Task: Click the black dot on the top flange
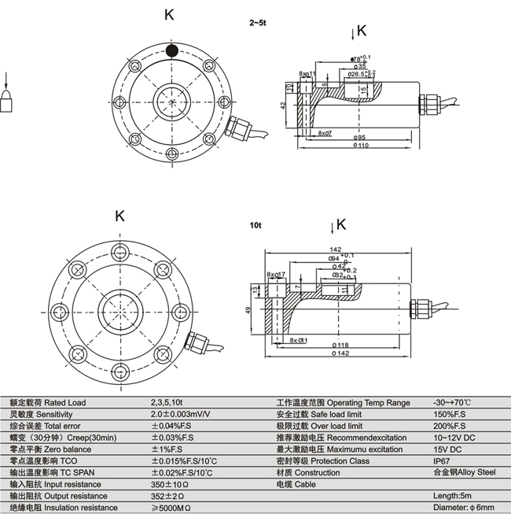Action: pyautogui.click(x=171, y=51)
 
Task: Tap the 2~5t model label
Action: pyautogui.click(x=258, y=24)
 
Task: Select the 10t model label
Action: pyautogui.click(x=255, y=224)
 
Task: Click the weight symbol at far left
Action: pyautogui.click(x=7, y=102)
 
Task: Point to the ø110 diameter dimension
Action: pyautogui.click(x=361, y=145)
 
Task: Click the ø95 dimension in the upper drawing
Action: pyautogui.click(x=361, y=135)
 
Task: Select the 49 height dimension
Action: pyautogui.click(x=250, y=311)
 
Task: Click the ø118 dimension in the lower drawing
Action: pyautogui.click(x=340, y=345)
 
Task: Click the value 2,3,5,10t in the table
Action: pyautogui.click(x=170, y=403)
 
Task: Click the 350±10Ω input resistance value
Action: pyautogui.click(x=168, y=484)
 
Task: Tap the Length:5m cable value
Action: pyautogui.click(x=453, y=496)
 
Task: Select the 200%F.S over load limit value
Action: pyautogui.click(x=449, y=426)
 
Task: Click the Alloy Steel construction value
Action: pyautogui.click(x=464, y=472)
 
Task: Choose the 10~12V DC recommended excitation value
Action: pyautogui.click(x=454, y=438)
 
